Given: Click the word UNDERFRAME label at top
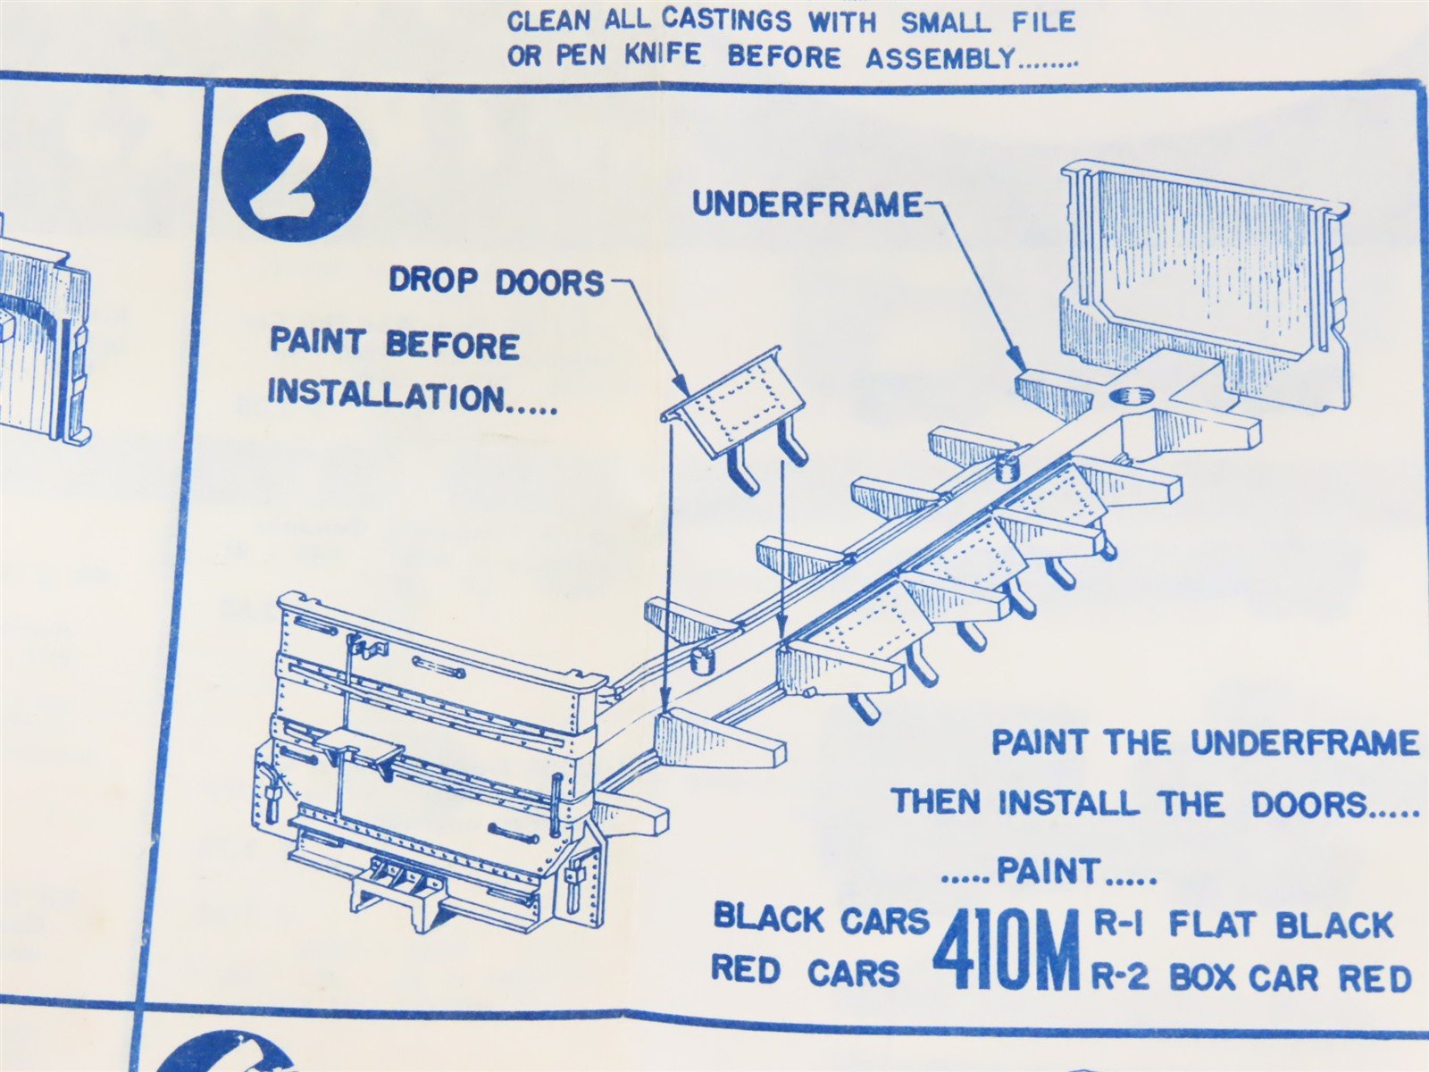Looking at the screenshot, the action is tap(807, 205).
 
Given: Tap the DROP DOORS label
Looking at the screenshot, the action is tap(497, 281).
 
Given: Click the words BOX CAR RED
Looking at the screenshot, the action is tap(1290, 977).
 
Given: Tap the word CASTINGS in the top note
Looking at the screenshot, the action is tap(727, 21).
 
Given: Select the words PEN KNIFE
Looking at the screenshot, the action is tap(629, 55).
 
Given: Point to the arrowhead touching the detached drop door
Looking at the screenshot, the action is tap(681, 384).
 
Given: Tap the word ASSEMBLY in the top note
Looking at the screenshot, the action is tap(940, 57).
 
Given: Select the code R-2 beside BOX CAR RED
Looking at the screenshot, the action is tap(1119, 977).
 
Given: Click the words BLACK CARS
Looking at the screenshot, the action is tap(823, 919).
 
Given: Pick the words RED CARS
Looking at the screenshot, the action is tap(806, 973).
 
